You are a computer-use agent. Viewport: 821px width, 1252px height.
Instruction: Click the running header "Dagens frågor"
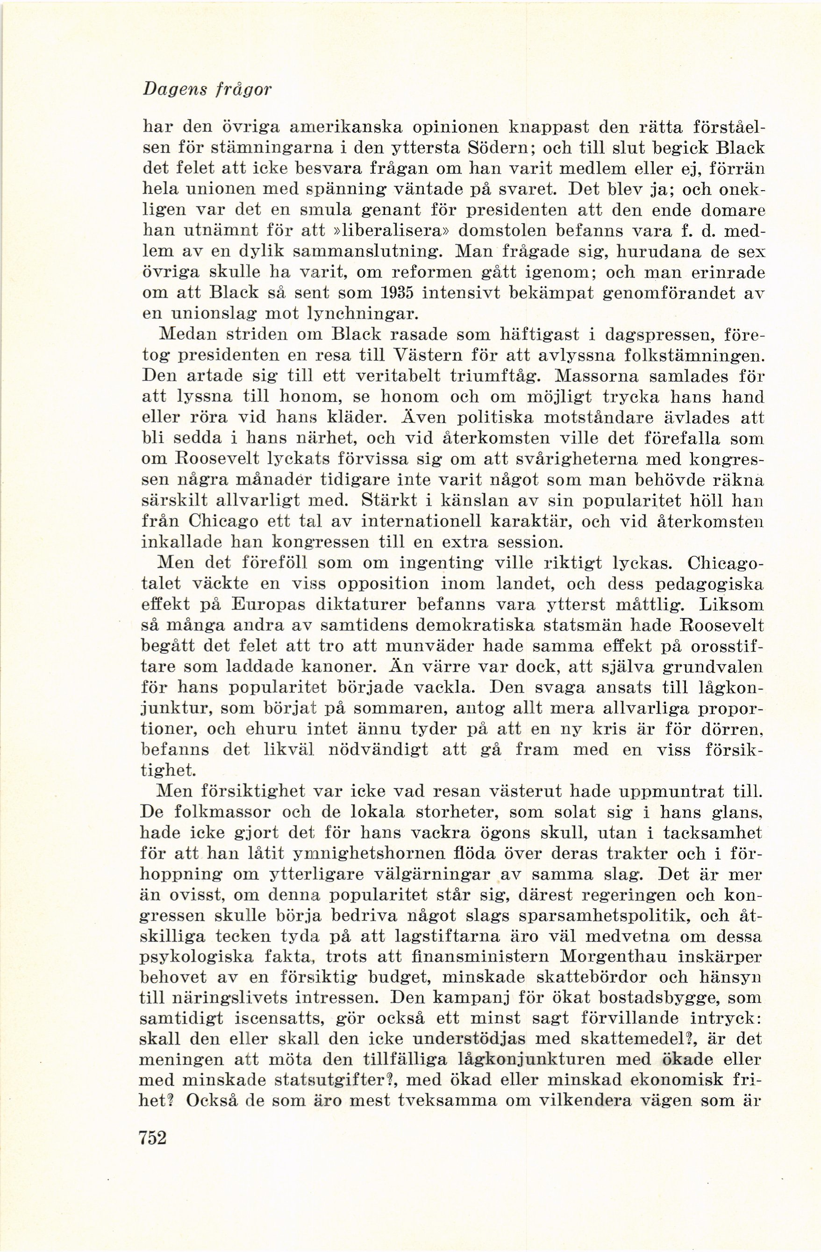(x=207, y=89)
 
